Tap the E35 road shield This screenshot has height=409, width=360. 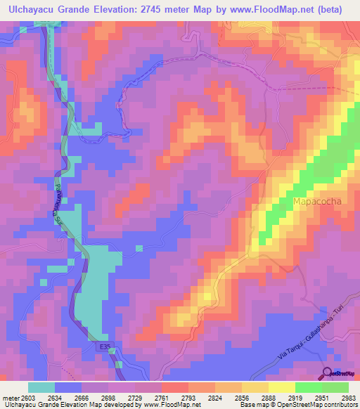[103, 346]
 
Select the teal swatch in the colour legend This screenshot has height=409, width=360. [41, 387]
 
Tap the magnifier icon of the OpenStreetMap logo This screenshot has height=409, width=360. [326, 372]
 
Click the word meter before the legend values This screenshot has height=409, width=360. [11, 397]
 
